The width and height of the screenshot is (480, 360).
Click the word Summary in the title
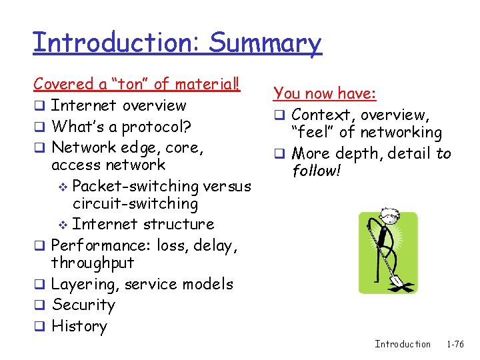coord(265,43)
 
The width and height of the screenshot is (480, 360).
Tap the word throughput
coord(93,263)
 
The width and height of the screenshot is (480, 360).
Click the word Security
coord(83,305)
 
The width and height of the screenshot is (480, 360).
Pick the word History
coord(79,327)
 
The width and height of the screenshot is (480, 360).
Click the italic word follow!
coord(317,171)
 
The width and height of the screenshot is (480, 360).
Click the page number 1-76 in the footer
coord(455,344)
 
